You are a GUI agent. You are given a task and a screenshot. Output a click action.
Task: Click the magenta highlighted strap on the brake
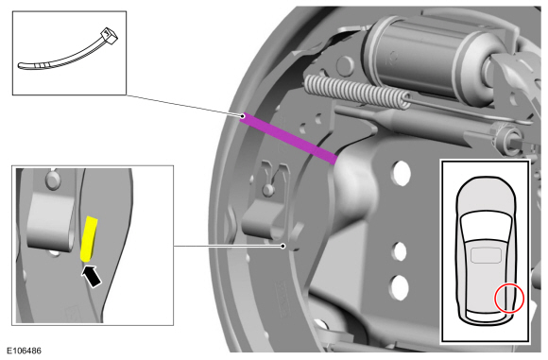289,138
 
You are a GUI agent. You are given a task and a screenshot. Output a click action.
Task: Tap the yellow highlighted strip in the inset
89,239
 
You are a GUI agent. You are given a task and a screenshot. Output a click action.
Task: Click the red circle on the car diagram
509,299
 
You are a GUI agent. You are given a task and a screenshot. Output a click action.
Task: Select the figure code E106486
24,351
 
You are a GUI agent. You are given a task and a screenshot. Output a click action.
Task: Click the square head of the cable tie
109,36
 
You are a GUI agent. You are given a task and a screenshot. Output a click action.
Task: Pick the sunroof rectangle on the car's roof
487,255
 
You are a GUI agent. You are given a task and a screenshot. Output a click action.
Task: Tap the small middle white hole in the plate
399,251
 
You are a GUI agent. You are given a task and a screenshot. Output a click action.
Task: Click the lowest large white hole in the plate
399,287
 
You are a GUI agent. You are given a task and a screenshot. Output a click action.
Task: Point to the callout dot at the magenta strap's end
242,115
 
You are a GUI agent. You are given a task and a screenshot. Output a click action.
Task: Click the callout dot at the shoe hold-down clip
283,247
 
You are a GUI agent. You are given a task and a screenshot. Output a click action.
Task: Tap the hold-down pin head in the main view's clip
268,190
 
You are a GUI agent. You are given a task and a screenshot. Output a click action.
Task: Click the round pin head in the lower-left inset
53,180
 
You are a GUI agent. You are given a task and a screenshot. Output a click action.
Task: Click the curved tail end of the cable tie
26,66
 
